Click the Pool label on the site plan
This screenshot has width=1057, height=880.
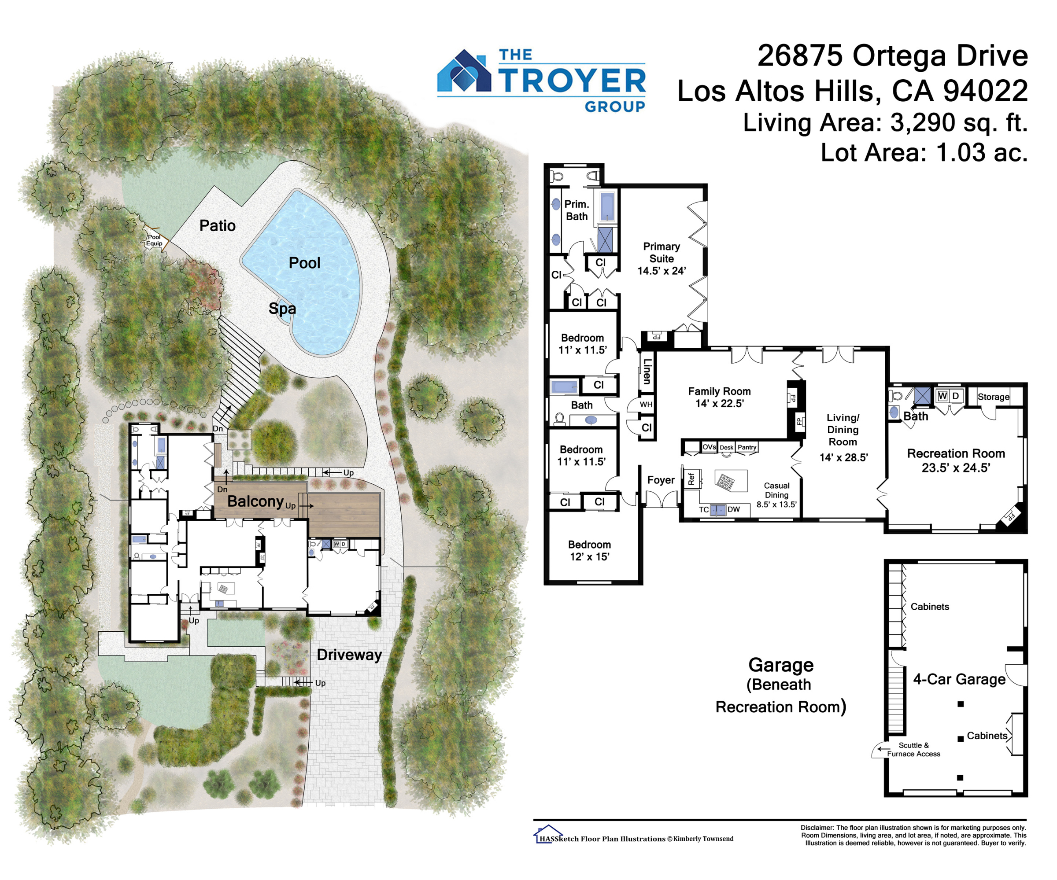click(x=304, y=263)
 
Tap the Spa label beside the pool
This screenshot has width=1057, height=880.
click(x=282, y=309)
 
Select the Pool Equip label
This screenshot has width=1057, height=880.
click(x=155, y=240)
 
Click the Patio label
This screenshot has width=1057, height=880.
click(x=218, y=225)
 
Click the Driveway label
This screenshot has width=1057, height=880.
click(x=349, y=655)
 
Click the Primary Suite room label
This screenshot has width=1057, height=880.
click(x=662, y=253)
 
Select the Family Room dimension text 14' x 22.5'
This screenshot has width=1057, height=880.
click(x=720, y=404)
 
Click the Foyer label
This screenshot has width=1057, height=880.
click(x=661, y=480)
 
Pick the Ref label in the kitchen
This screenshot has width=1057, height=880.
click(x=691, y=479)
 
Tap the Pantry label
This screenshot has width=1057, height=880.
click(x=747, y=447)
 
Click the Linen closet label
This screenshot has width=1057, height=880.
click(x=647, y=371)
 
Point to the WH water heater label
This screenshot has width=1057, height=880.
click(x=646, y=405)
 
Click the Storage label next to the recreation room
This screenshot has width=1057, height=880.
click(x=994, y=397)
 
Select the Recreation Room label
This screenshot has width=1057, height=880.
click(x=956, y=453)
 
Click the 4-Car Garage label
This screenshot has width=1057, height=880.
click(x=959, y=679)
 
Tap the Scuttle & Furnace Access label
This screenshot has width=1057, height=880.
click(x=913, y=750)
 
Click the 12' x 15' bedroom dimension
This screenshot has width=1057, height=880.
click(x=589, y=557)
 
